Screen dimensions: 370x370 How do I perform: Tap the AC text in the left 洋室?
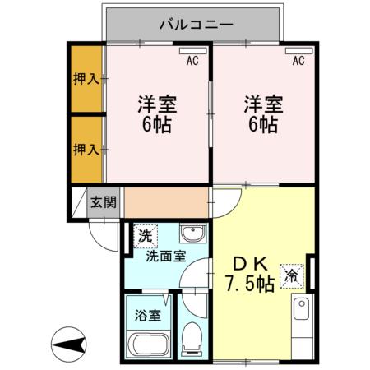click(x=192, y=61)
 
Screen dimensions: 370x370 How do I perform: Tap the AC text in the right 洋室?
click(x=298, y=61)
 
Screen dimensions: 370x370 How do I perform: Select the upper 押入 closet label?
click(x=86, y=80)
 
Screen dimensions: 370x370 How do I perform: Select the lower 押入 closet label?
click(x=86, y=149)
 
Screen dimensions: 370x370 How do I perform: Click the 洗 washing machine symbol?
click(x=144, y=234)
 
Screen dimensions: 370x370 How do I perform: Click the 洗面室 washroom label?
click(x=164, y=256)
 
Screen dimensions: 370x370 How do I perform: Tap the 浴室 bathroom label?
click(x=148, y=313)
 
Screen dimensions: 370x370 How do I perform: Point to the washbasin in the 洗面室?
click(x=191, y=232)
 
